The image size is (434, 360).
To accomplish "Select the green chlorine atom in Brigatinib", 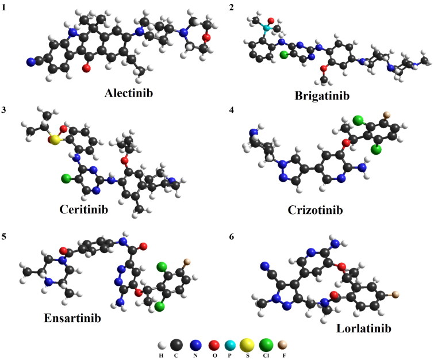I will [283, 56].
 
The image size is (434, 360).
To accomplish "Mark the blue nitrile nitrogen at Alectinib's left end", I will [32, 62].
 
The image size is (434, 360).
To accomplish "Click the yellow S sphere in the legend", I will [241, 344].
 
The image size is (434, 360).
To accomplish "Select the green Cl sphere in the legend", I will [267, 344].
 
